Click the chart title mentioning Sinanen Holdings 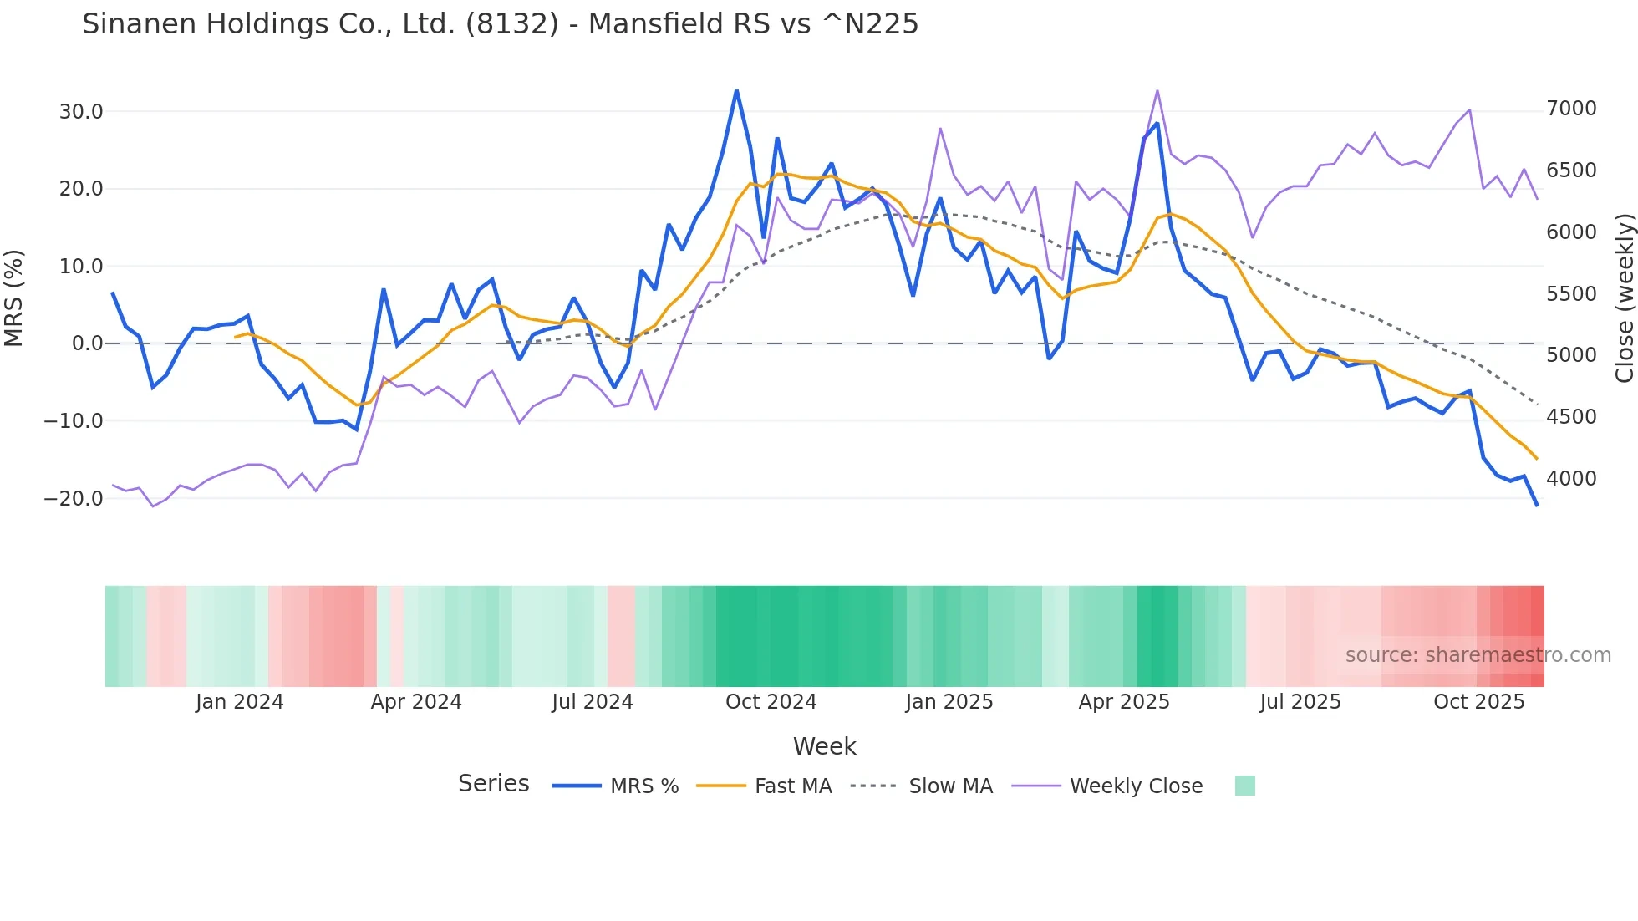[x=500, y=24]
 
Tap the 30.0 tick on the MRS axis [x=81, y=112]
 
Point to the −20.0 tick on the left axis [x=74, y=499]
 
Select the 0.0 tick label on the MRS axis [x=88, y=343]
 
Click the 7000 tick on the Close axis [x=1571, y=109]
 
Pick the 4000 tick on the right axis [x=1571, y=479]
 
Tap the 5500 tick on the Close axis [x=1571, y=294]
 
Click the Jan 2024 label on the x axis [x=240, y=702]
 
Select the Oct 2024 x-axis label [x=771, y=702]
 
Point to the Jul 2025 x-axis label [x=1300, y=702]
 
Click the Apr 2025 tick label [x=1124, y=702]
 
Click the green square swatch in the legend [x=1245, y=786]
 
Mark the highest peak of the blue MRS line [x=736, y=90]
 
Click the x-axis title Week [x=824, y=746]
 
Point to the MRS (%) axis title [x=14, y=298]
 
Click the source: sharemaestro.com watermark [x=1478, y=655]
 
